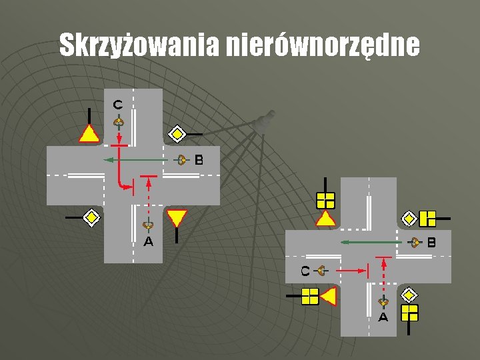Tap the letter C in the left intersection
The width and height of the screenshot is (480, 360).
[117, 104]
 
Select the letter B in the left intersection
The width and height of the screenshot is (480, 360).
[199, 160]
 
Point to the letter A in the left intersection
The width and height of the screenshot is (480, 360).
[148, 242]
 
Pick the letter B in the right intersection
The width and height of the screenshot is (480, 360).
[431, 243]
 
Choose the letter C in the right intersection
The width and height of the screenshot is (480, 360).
[305, 271]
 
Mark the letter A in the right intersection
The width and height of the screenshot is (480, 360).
[383, 317]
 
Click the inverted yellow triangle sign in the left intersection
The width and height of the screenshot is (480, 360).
[177, 217]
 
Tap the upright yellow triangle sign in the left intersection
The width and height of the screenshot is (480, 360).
[89, 134]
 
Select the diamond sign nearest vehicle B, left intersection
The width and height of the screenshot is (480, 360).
[177, 134]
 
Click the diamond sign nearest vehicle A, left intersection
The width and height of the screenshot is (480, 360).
[91, 217]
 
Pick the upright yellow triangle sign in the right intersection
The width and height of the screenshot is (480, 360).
[325, 218]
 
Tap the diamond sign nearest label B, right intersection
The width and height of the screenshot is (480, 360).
[409, 218]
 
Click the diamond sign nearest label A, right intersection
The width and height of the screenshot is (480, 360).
[408, 295]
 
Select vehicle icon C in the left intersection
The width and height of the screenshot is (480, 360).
[118, 122]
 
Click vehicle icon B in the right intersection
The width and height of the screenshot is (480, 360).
[416, 243]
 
